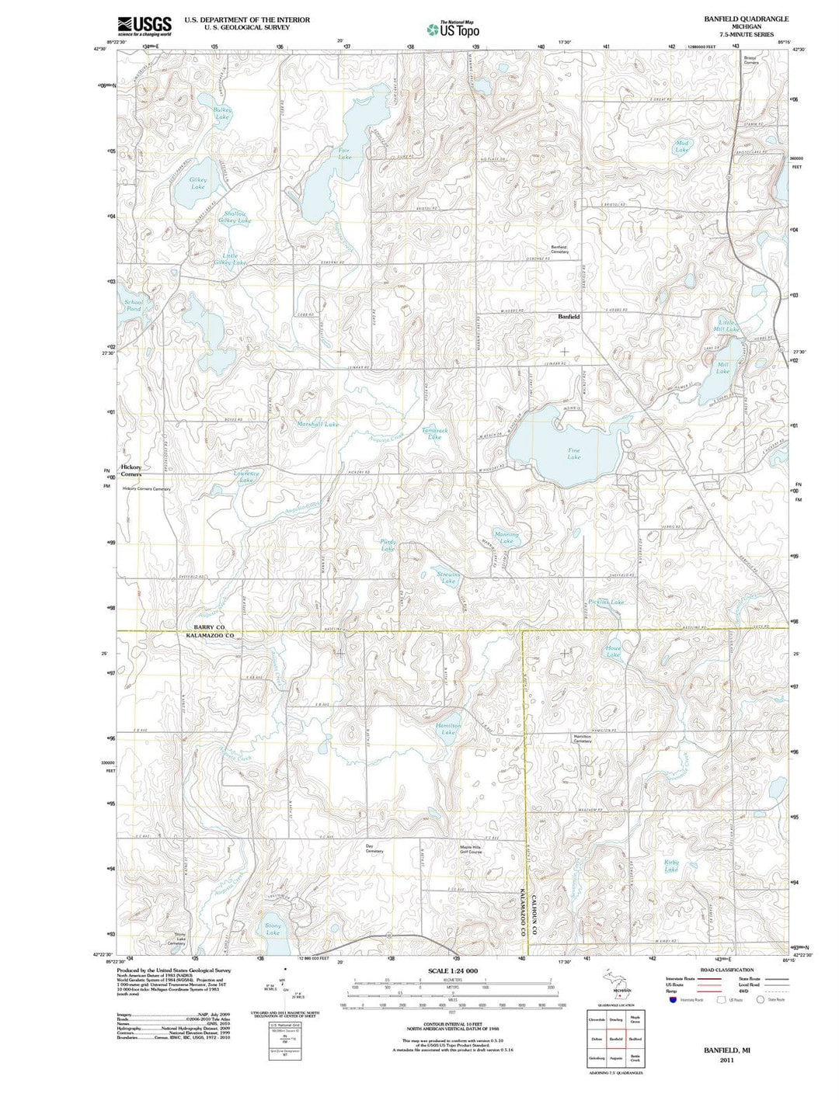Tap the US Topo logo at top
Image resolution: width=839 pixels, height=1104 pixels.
pos(453,30)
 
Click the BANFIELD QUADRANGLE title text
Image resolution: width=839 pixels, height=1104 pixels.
pos(735,18)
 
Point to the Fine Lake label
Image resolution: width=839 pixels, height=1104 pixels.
pos(573,453)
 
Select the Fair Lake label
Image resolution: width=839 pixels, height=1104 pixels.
pos(344,153)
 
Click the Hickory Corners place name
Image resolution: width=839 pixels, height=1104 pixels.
pos(131,470)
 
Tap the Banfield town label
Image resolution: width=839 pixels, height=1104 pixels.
pos(569,317)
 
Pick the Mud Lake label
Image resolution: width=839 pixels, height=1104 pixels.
pos(681,146)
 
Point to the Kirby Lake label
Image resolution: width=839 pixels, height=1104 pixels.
pos(671,866)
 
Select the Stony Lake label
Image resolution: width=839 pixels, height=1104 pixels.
pos(273,929)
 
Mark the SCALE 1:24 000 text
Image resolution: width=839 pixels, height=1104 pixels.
pos(452,971)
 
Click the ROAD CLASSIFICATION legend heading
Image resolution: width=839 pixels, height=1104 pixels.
pos(726,970)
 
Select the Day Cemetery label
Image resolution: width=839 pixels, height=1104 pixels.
pos(374,849)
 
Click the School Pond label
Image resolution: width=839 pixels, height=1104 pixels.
pos(134,305)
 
